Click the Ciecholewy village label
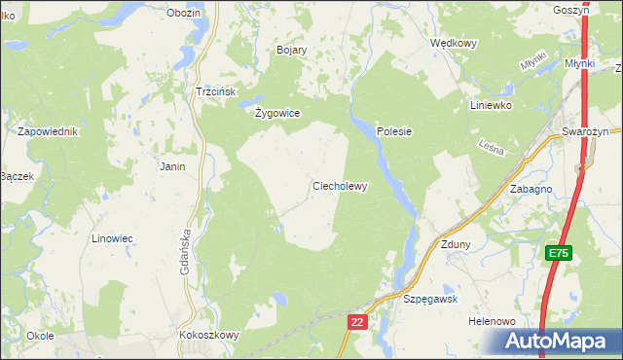point(339,186)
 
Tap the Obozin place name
point(183,13)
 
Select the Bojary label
point(291,50)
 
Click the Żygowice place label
point(276,113)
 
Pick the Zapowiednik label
point(47,131)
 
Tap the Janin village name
point(172,166)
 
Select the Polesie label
point(395,131)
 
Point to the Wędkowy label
point(453,44)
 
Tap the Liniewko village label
point(490,105)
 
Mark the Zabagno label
point(531,190)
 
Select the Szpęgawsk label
point(430,300)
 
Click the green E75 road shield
point(557,253)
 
